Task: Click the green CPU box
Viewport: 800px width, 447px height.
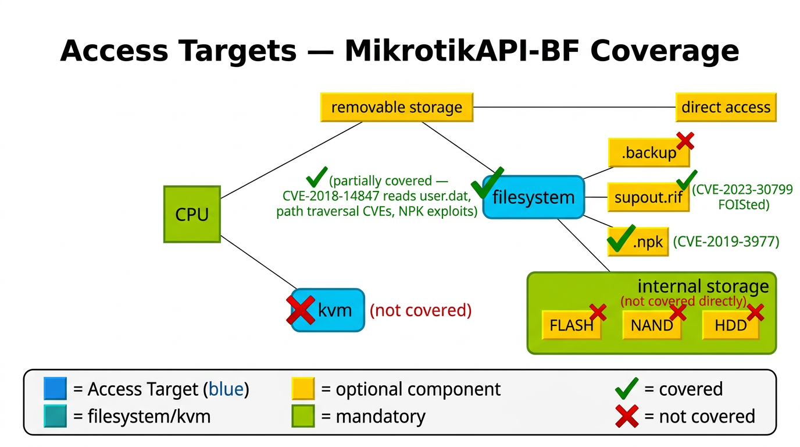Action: (192, 214)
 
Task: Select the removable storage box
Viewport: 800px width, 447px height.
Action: (397, 108)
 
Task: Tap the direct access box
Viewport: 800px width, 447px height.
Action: (726, 108)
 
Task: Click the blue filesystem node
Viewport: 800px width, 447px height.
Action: (533, 197)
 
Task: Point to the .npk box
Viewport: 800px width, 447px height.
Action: (638, 242)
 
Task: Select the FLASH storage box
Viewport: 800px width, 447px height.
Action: (571, 325)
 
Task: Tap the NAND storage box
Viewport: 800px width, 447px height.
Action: (651, 325)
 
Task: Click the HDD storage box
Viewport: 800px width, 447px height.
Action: (730, 325)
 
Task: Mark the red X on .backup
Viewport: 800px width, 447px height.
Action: (684, 140)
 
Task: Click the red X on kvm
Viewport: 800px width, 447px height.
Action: (301, 310)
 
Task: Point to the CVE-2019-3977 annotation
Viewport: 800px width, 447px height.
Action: (726, 242)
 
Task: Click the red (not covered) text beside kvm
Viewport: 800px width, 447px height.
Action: (420, 310)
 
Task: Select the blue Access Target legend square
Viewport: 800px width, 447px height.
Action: (55, 389)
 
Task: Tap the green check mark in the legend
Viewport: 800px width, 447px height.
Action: (626, 389)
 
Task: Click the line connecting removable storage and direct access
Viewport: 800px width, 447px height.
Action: (574, 108)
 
